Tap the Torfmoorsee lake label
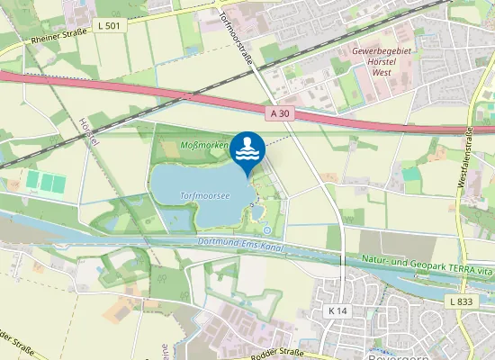(x=202, y=194)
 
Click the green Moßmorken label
(x=203, y=145)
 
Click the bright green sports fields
(x=46, y=182)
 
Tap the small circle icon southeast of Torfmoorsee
(x=267, y=229)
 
